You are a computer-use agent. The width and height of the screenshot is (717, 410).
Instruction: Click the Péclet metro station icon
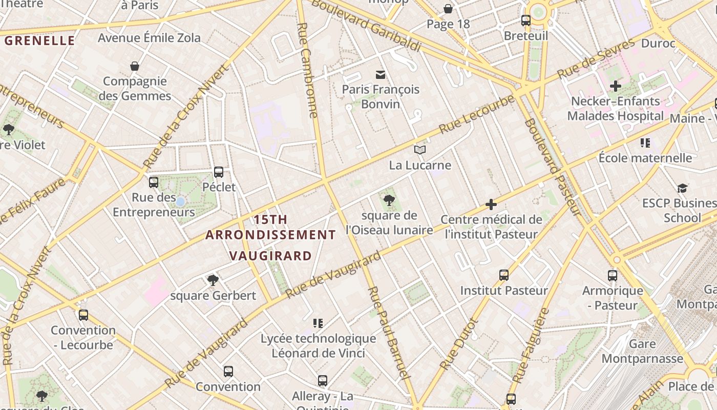(219, 172)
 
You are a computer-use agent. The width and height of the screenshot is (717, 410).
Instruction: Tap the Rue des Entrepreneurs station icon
(154, 182)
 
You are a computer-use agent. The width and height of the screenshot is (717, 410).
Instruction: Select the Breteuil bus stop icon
(526, 20)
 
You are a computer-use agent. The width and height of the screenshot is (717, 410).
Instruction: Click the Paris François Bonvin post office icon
(381, 75)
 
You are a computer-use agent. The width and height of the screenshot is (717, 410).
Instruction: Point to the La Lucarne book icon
(420, 150)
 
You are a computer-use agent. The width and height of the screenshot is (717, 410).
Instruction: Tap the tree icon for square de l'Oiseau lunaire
(389, 200)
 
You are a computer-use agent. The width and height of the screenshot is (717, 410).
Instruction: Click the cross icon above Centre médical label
(491, 205)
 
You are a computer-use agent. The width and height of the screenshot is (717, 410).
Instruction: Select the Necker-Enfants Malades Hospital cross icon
(616, 86)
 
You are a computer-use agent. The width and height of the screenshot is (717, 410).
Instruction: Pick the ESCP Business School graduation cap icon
(682, 189)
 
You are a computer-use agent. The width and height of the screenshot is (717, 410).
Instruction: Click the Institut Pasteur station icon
(504, 275)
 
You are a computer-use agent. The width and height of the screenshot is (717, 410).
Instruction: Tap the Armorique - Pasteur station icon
(613, 276)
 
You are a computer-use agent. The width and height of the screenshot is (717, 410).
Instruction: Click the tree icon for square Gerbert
(213, 280)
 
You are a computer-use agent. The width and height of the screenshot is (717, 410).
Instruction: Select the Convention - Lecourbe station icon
(83, 315)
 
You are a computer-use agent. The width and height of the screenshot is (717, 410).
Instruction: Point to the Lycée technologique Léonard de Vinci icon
(318, 323)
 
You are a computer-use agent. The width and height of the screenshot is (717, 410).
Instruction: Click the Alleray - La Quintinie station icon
(323, 381)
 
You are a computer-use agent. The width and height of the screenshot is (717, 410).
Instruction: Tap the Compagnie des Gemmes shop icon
(135, 66)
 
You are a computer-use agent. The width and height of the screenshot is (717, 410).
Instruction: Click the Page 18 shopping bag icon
(448, 9)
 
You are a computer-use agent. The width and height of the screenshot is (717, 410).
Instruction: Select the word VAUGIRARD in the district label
(270, 256)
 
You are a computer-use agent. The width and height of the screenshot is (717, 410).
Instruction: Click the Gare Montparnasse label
(642, 351)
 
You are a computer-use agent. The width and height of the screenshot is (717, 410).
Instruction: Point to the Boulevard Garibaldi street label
(366, 26)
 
